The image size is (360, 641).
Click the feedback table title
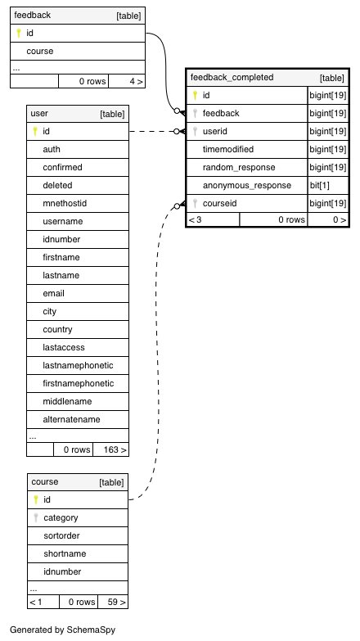pos(32,15)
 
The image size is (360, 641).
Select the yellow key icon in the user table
pos(35,131)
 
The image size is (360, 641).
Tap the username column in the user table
pos(62,221)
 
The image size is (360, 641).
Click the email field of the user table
pos(53,293)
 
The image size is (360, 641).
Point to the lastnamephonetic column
pos(78,365)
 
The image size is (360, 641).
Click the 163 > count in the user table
pos(115,449)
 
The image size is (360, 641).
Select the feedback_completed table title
pos(232,77)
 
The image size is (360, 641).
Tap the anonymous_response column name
pos(247,185)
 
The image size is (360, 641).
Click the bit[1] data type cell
pos(319,185)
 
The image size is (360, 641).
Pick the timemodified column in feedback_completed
pos(228,149)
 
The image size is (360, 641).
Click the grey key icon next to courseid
pos(196,203)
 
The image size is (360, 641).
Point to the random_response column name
pos(239,167)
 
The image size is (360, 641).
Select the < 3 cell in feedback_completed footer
pos(196,219)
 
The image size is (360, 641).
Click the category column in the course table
pos(61,517)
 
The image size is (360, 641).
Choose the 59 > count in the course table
pos(116,602)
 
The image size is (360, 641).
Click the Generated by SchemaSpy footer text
pos(62,630)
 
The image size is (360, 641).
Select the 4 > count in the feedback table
pos(136,81)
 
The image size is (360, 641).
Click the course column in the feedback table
pos(39,51)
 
